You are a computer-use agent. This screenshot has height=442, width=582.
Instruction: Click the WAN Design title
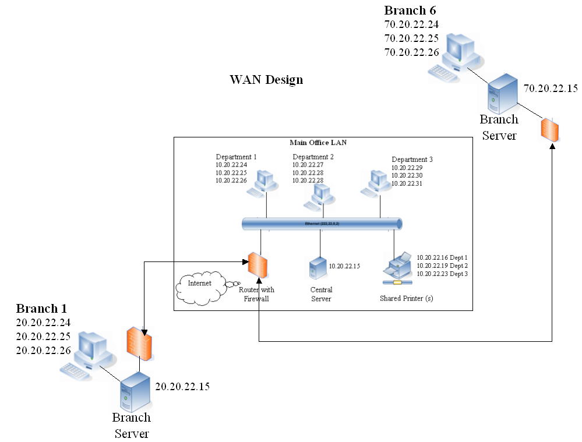[266, 80]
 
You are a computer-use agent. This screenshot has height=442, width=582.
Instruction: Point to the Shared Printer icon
[398, 270]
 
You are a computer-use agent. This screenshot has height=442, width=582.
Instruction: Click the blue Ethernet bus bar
[322, 224]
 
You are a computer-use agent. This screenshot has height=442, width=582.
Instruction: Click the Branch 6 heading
[410, 10]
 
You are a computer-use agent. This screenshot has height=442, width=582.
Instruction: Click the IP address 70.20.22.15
[551, 89]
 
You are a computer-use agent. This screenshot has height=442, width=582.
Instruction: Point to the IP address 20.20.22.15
[182, 386]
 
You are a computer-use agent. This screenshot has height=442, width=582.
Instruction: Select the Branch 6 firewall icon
[551, 130]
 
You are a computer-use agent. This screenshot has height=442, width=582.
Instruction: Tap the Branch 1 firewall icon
[139, 345]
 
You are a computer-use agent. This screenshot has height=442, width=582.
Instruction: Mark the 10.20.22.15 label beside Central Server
[345, 266]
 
